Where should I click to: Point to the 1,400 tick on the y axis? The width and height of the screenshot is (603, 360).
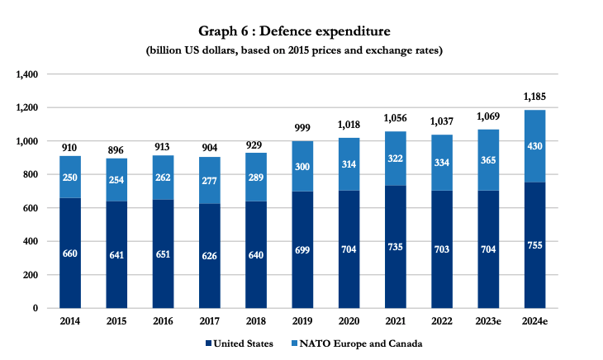[27, 74]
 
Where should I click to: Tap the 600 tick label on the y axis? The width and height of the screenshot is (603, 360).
[31, 208]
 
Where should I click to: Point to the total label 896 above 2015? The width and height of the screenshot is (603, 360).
[116, 149]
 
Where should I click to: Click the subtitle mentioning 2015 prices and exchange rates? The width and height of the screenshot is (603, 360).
[301, 51]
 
